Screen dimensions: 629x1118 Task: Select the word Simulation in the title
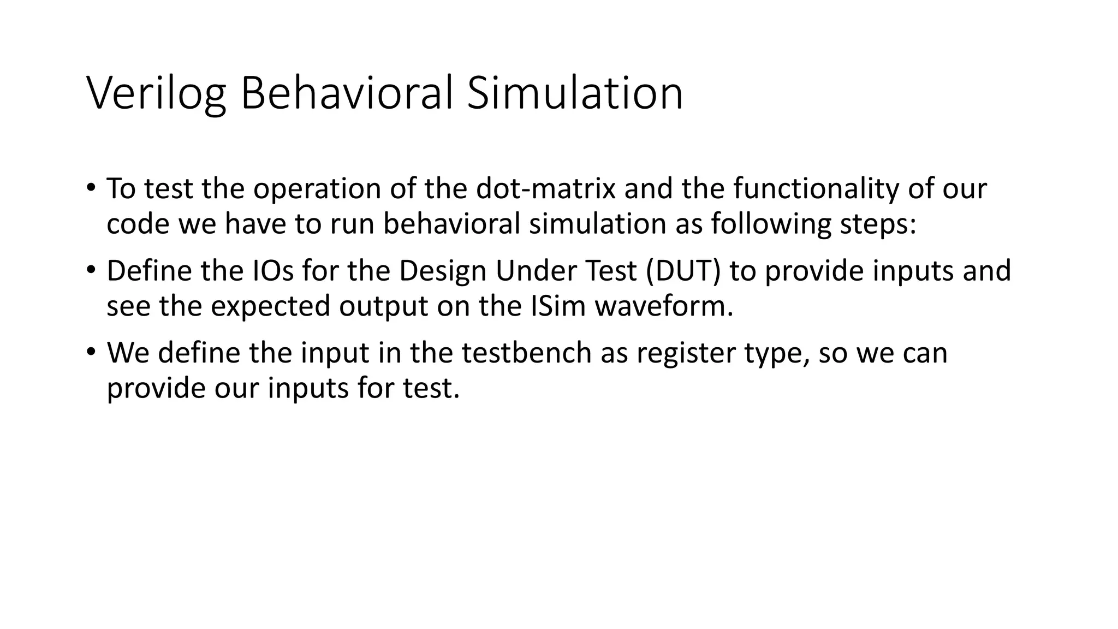(575, 94)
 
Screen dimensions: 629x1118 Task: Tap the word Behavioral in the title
(347, 94)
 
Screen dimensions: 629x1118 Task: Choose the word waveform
(664, 306)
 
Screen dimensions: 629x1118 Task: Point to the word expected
(271, 306)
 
